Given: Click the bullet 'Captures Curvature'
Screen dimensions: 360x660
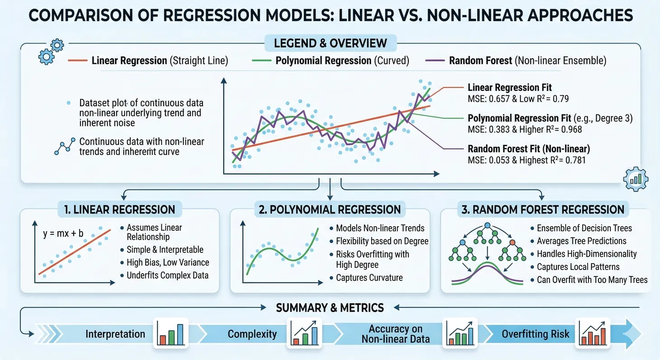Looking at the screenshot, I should (x=369, y=278).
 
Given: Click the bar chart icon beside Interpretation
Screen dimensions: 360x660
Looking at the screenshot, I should (x=170, y=333).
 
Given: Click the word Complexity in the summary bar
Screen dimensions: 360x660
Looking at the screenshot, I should (x=252, y=334).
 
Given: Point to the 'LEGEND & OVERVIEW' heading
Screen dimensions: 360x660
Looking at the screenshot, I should (x=330, y=43).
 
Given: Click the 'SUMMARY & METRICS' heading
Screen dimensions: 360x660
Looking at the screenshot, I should (x=330, y=308).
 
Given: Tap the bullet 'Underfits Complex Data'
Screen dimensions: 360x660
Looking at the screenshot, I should (x=167, y=275).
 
